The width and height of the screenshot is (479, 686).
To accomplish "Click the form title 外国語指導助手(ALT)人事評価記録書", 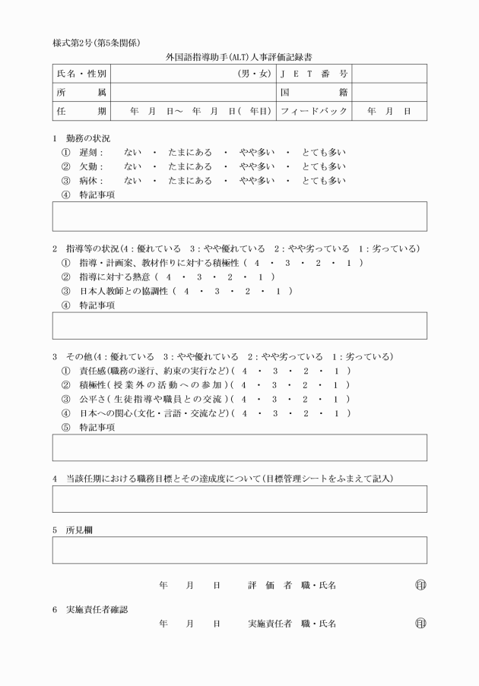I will click(239, 57).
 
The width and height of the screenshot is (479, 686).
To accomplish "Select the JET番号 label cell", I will click(314, 74).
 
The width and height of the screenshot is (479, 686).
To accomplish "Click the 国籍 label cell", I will click(314, 93).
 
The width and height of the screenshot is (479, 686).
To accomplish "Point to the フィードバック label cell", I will click(314, 111).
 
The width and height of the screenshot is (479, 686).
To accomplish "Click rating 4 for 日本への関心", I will click(244, 413).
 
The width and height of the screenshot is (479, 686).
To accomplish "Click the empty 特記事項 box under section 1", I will click(239, 217).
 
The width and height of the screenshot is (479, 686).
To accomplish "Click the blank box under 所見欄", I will click(239, 550).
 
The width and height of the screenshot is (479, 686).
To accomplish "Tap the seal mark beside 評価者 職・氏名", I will click(420, 586).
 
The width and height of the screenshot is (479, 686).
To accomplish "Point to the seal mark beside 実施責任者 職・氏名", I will click(420, 624).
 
